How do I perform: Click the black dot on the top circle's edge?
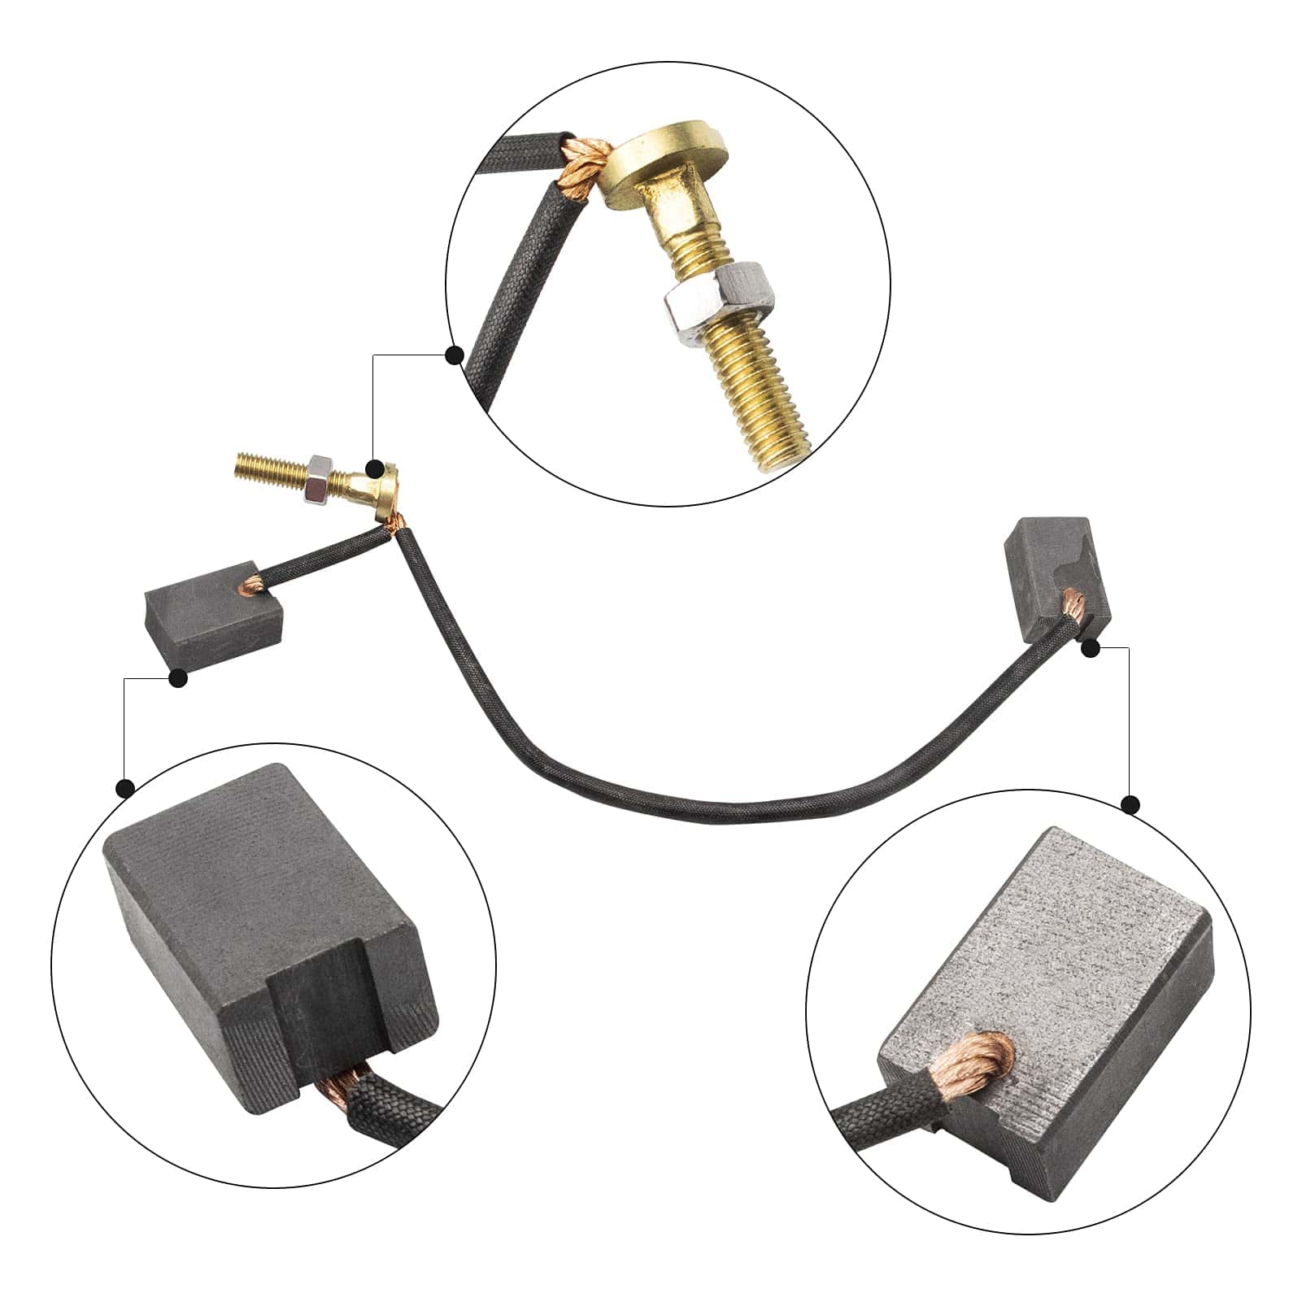tap(455, 355)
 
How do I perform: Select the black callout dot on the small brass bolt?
tap(375, 468)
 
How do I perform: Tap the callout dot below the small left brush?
tap(178, 677)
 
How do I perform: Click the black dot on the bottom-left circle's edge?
tap(125, 787)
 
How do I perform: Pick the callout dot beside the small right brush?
tap(1091, 647)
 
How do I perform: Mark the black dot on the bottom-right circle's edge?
tap(1130, 805)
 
